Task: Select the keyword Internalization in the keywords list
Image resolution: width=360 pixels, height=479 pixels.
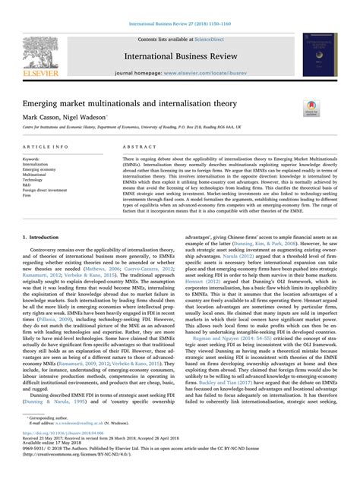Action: [36, 163]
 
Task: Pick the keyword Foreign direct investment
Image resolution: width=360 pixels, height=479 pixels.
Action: [47, 190]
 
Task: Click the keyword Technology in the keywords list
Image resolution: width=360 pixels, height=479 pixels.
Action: [34, 179]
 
